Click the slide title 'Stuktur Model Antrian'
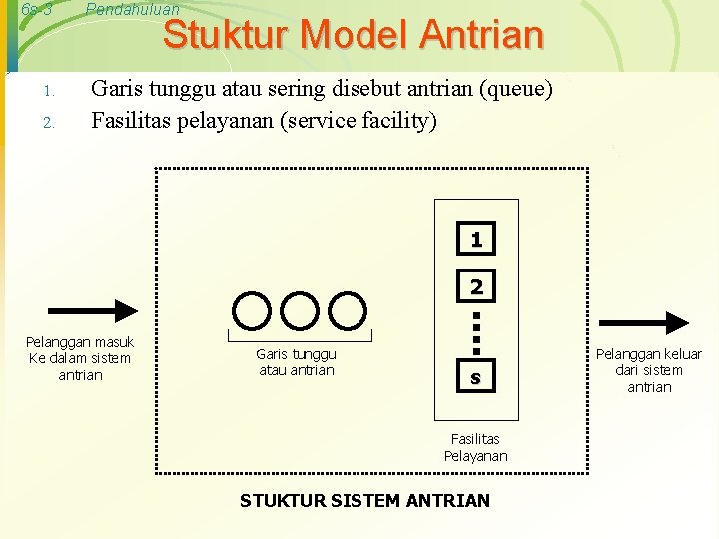pos(354,35)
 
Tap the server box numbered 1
pos(476,240)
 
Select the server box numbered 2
pos(476,286)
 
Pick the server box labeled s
pos(476,378)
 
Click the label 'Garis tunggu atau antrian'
pos(297,362)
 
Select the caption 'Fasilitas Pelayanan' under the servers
pos(476,447)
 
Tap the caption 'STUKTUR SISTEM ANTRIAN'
pos(364,500)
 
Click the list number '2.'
pos(47,124)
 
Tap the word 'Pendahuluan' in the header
pos(133,9)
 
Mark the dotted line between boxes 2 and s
pos(476,333)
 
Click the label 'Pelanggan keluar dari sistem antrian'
pos(649,370)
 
